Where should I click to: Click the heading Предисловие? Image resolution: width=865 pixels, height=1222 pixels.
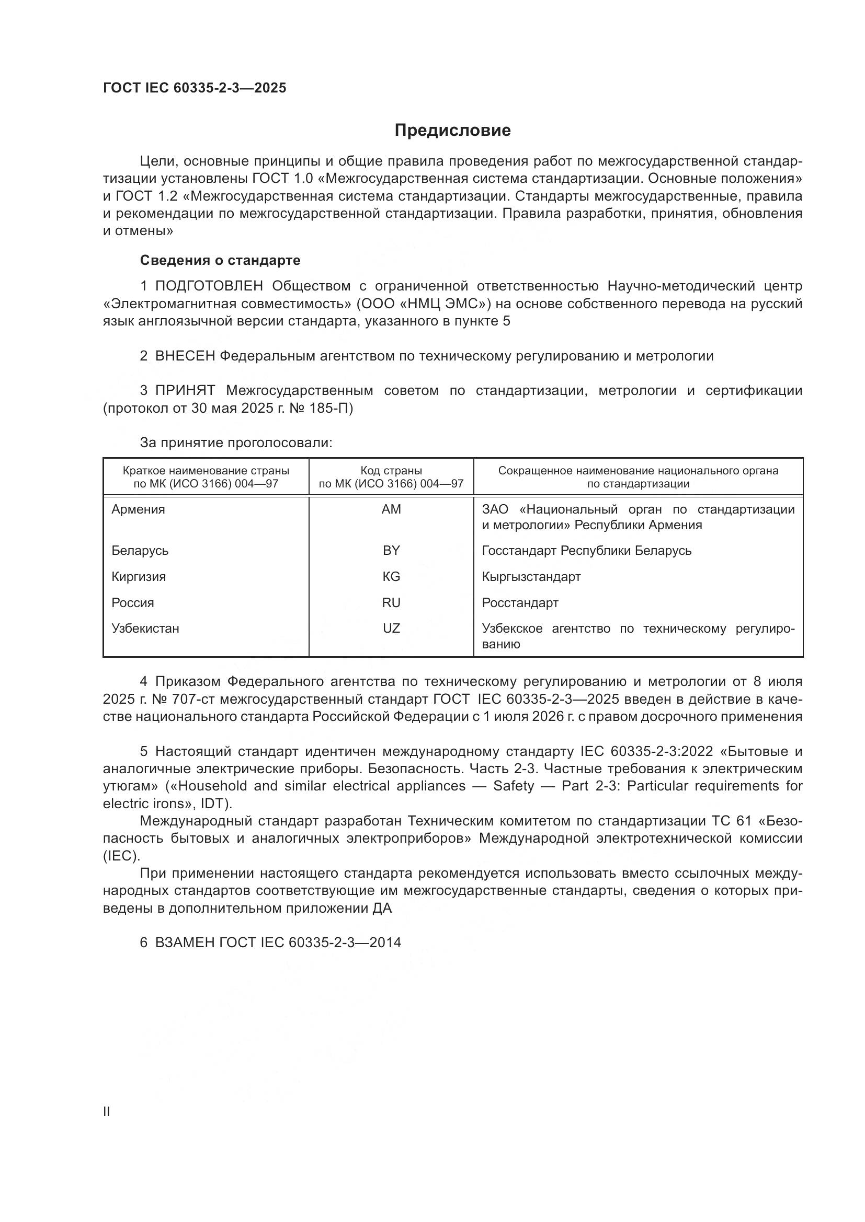452,131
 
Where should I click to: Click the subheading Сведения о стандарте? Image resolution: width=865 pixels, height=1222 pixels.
220,260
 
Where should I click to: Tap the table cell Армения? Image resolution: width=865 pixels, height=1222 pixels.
138,509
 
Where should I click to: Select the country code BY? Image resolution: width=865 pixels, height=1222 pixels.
391,550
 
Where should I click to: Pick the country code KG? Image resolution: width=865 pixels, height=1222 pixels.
391,576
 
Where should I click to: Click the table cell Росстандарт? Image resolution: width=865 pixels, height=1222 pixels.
520,602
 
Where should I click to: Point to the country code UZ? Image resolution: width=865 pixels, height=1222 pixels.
391,628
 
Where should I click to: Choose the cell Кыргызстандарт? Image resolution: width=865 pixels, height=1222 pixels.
531,576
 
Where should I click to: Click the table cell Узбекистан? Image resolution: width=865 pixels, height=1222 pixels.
145,628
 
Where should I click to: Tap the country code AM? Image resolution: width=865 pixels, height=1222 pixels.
391,509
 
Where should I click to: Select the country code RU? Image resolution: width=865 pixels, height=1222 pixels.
391,602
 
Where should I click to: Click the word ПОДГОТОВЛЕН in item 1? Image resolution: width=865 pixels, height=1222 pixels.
209,286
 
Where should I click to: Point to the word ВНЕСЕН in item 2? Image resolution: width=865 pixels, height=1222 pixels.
185,356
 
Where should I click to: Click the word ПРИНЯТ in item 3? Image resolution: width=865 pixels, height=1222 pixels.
185,391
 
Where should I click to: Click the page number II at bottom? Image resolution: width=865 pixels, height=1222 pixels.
106,1112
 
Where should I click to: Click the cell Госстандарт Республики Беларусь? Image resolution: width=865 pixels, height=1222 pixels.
586,550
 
